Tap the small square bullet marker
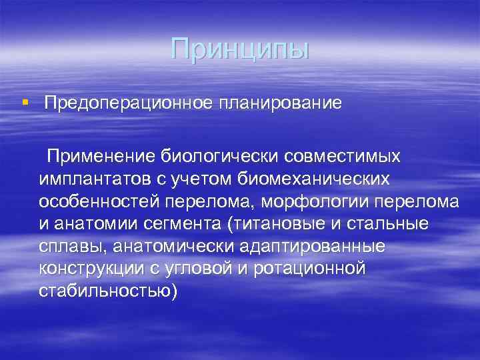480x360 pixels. (x=25, y=103)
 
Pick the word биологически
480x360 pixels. (x=221, y=156)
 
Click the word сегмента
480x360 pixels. (x=182, y=224)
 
